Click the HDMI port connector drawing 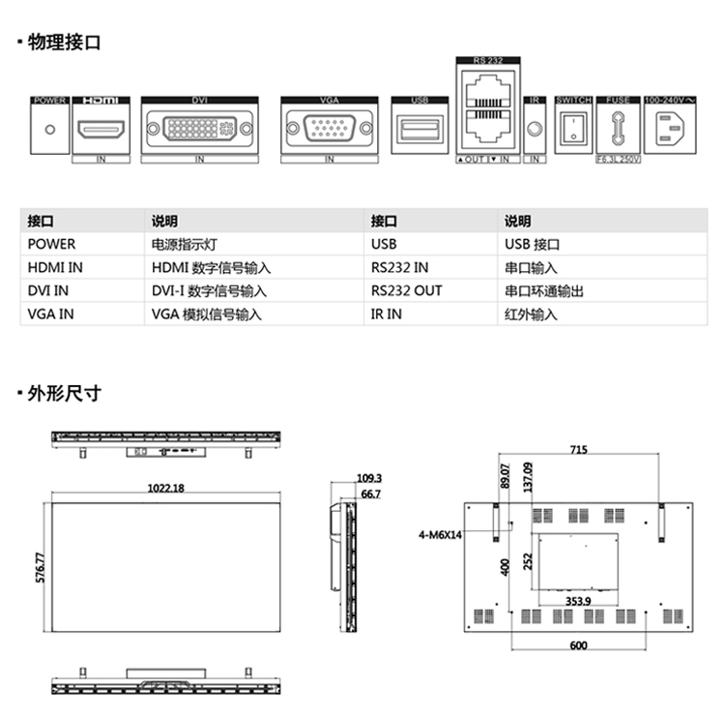[x=101, y=129]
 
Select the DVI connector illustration [x=200, y=129]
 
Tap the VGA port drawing [x=329, y=129]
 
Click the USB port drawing [x=420, y=129]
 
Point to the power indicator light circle [x=49, y=129]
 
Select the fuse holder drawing [x=617, y=129]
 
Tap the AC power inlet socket [x=668, y=129]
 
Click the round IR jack [x=534, y=129]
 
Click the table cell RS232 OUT [x=406, y=291]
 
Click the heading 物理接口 [x=64, y=43]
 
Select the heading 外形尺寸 [x=64, y=394]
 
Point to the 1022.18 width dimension [x=165, y=488]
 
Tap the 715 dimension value [x=578, y=450]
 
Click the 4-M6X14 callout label [x=441, y=534]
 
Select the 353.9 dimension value [x=578, y=601]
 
